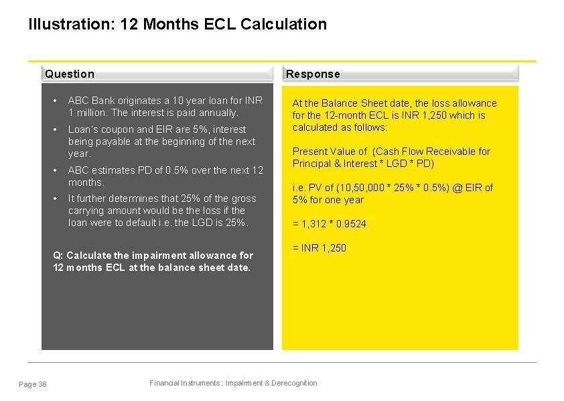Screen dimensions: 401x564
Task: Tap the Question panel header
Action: [x=70, y=74]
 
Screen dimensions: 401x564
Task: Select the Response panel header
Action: [x=313, y=74]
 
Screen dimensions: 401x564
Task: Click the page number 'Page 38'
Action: [x=33, y=384]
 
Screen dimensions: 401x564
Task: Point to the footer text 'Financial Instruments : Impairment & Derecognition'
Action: [x=233, y=383]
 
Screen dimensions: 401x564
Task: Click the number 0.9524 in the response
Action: [x=350, y=224]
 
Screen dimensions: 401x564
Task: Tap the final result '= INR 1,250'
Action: [x=320, y=248]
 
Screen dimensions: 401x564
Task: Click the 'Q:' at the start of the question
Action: [x=57, y=255]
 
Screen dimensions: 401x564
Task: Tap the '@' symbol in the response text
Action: [x=459, y=188]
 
